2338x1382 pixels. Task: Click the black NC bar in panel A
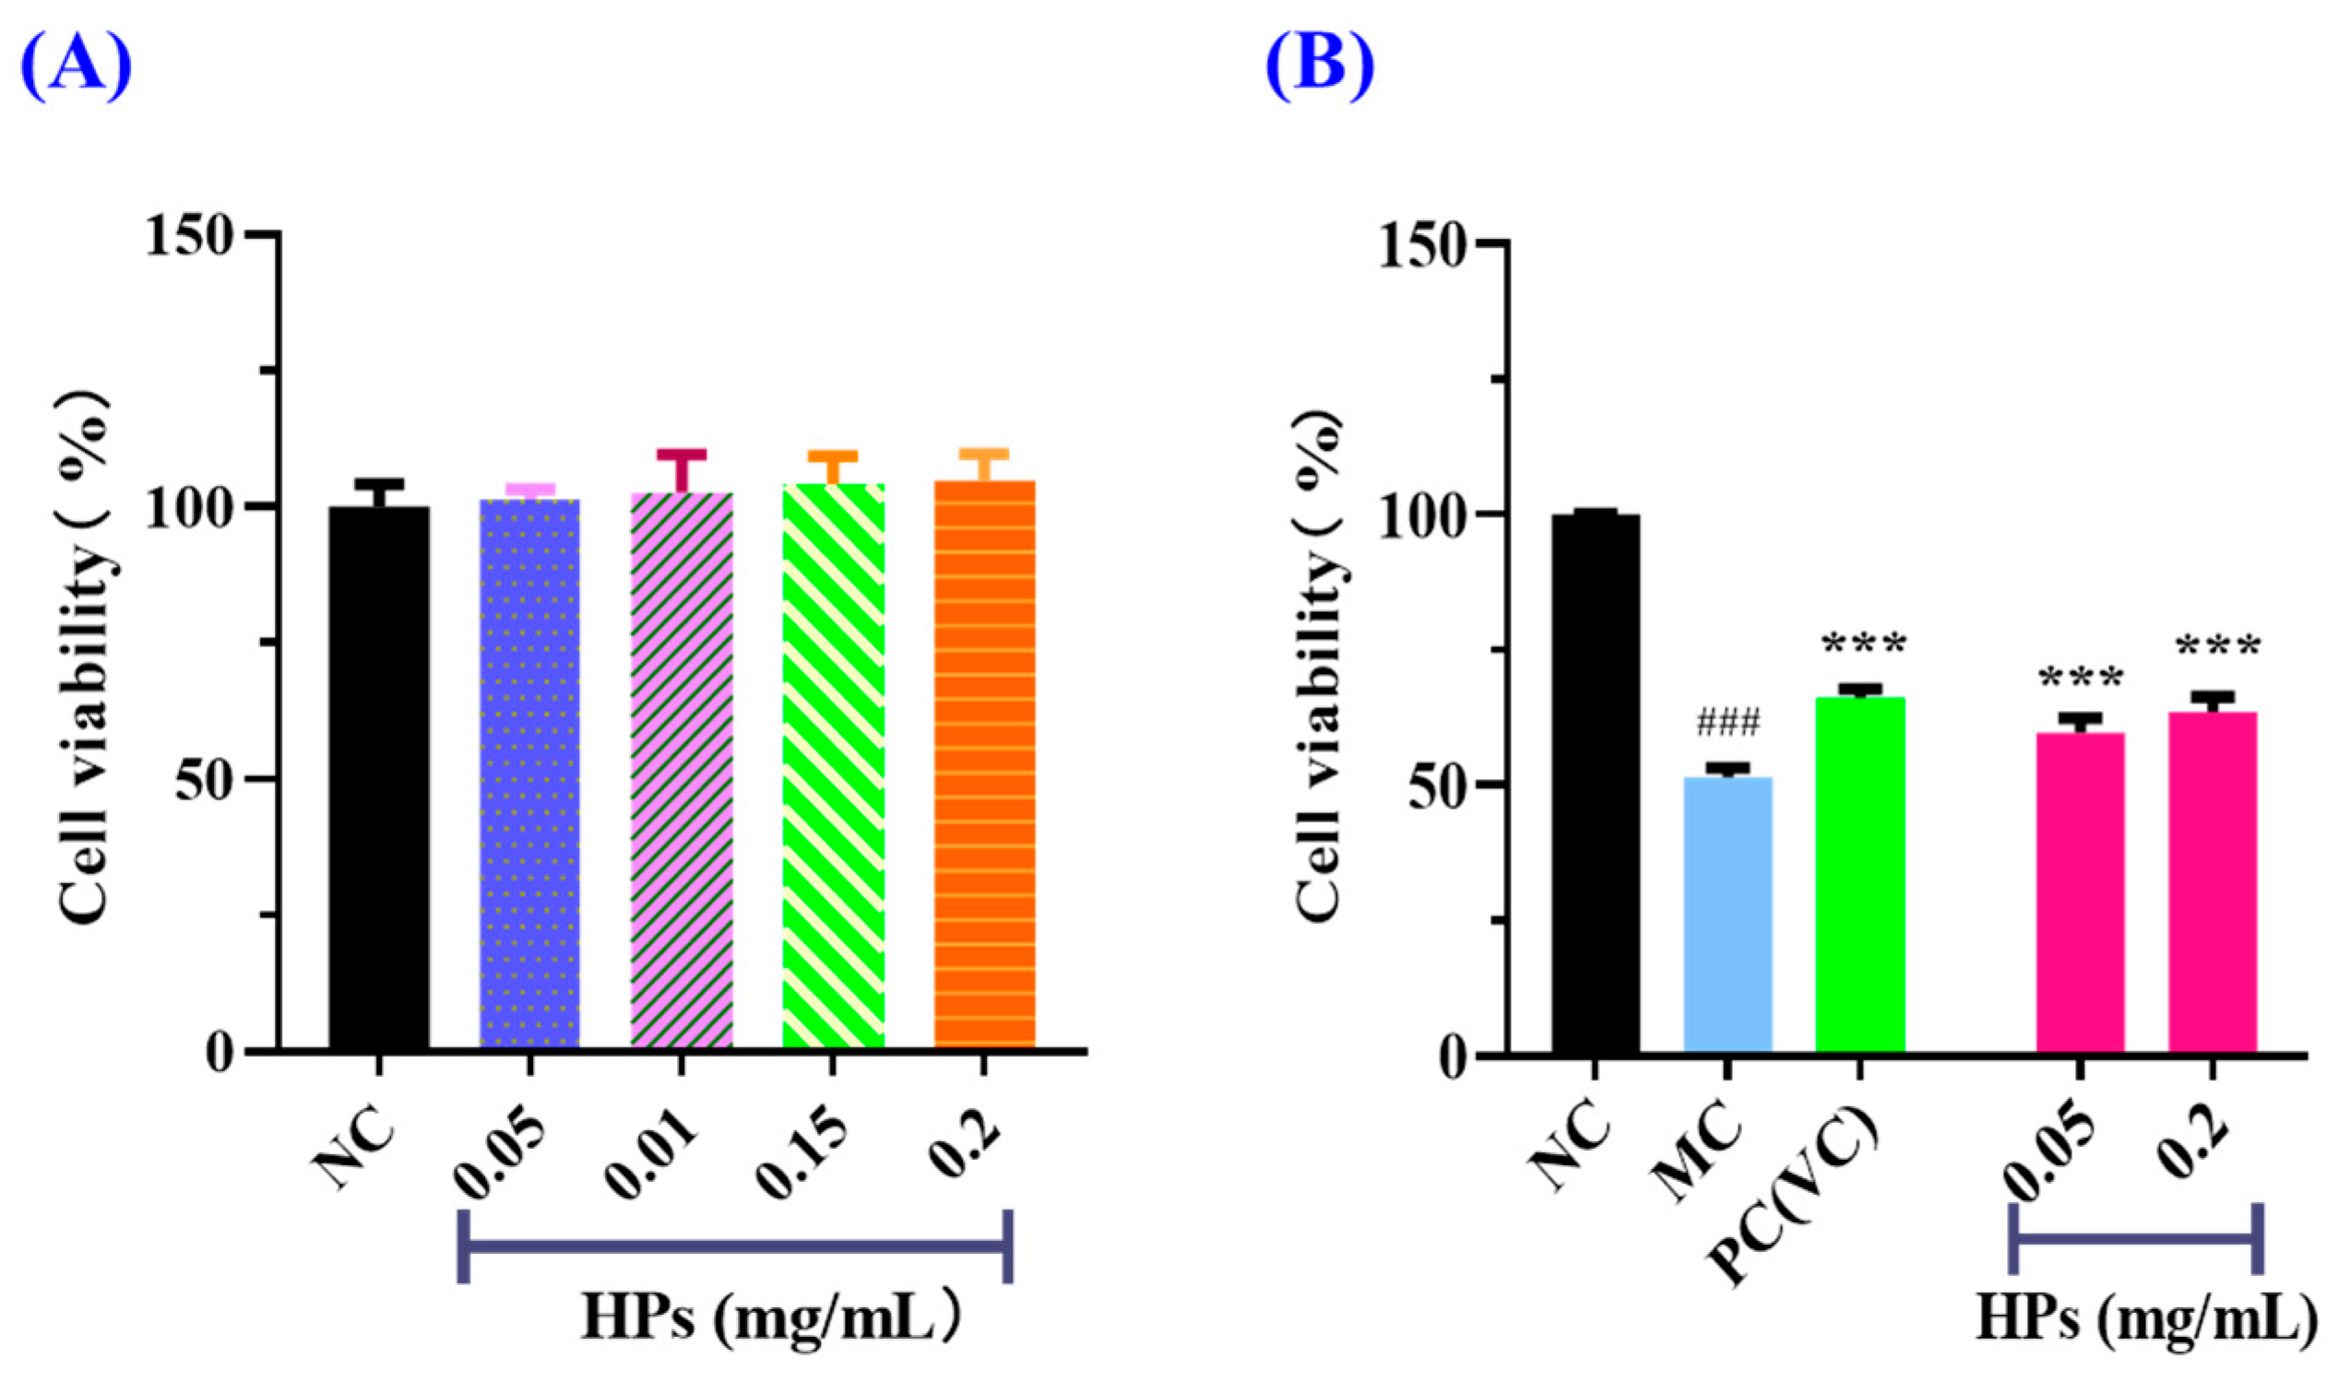[379, 777]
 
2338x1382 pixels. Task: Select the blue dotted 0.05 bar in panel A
[530, 773]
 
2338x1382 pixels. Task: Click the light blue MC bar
[1727, 917]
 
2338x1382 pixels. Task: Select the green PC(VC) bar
[1860, 876]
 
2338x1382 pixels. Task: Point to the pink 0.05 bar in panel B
[2080, 894]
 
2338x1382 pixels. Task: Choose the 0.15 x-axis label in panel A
[803, 1156]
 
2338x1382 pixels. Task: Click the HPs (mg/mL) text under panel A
[769, 1318]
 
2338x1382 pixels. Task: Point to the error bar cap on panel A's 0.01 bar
[682, 455]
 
